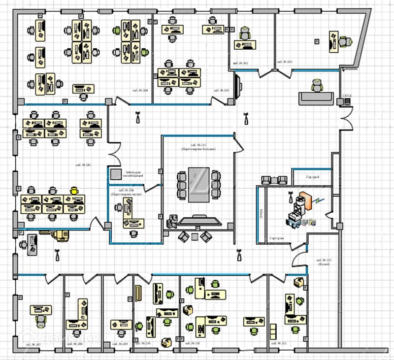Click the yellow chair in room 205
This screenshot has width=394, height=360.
tap(74, 190)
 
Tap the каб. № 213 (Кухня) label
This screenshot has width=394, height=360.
tap(323, 262)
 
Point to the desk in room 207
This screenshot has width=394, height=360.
tap(41, 310)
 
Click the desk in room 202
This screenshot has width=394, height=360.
tap(245, 45)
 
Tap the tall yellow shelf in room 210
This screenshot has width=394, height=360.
tap(138, 294)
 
